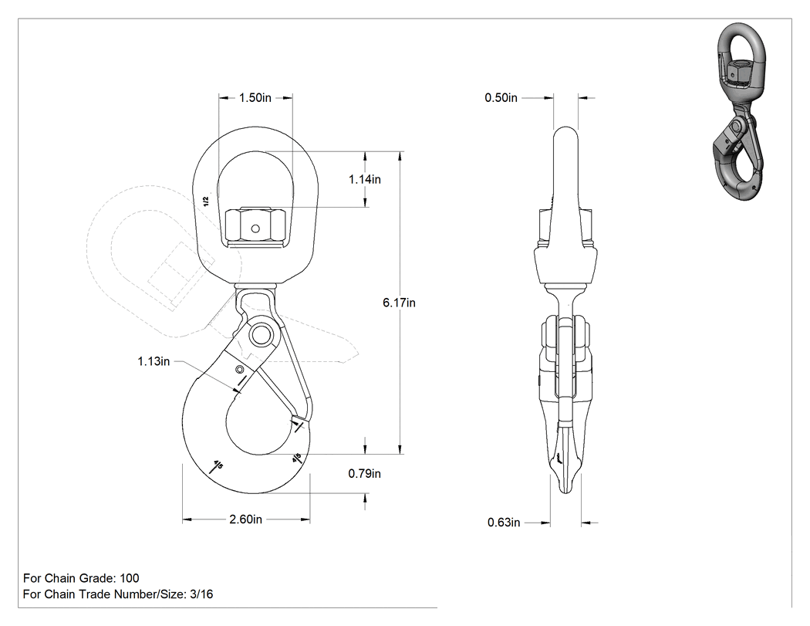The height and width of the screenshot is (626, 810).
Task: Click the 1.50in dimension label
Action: [x=255, y=98]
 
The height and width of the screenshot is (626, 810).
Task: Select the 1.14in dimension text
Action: [x=365, y=179]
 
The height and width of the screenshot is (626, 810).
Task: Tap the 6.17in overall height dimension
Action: [x=399, y=303]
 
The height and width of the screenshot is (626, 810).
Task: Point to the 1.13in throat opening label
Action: [x=154, y=361]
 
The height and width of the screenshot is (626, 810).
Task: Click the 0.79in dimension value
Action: [x=364, y=473]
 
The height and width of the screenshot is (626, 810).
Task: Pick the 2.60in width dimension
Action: [x=245, y=519]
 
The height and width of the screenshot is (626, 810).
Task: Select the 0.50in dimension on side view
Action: [x=501, y=98]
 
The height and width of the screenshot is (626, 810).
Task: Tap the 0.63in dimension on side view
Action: [x=504, y=523]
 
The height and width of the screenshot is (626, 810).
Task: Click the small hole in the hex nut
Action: [x=254, y=228]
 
